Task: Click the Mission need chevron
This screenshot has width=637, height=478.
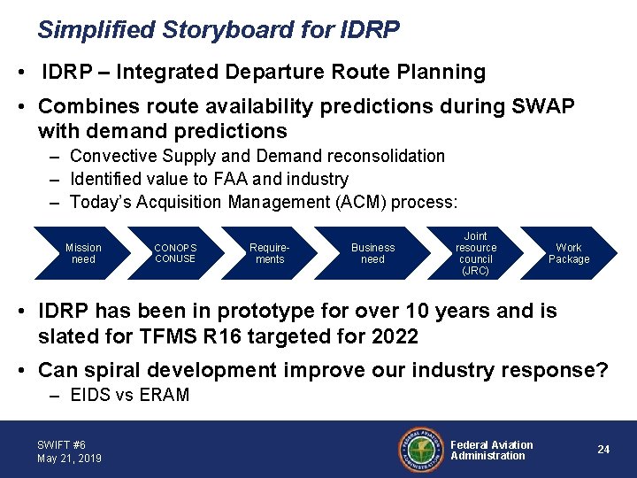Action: pos(83,253)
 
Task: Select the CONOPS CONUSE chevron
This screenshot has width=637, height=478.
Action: pos(175,253)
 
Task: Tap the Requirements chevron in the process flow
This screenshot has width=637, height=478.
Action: pos(269,253)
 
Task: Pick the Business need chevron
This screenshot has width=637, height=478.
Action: pos(372,253)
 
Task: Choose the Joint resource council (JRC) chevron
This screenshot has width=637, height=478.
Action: pos(475,253)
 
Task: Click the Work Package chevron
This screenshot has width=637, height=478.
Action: pos(569,253)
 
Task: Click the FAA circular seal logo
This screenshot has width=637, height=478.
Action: pos(421,450)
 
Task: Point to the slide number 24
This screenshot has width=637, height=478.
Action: pos(603,449)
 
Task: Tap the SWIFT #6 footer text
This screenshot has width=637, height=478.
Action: pos(61,444)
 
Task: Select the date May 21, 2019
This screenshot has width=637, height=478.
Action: pos(70,459)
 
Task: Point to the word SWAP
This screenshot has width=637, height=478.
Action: pos(542,106)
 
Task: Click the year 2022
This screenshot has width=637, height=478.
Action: pos(395,336)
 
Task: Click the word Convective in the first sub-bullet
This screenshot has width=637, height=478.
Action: pos(113,156)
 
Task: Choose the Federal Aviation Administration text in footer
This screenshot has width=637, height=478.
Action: pos(492,451)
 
